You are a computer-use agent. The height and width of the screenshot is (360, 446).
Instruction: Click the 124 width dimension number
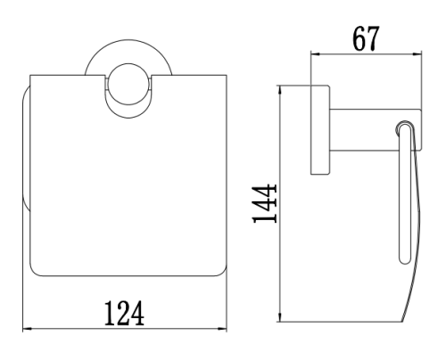tap(124, 313)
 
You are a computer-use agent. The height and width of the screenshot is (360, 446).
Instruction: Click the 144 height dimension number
tap(265, 203)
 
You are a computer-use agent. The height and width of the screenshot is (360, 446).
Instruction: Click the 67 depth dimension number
tap(366, 38)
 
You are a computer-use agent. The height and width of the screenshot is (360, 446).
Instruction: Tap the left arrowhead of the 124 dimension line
tap(27, 329)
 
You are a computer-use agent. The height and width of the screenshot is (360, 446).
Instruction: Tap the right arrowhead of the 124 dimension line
tap(222, 329)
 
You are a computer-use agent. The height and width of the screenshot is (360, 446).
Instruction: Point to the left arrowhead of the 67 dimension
tap(315, 54)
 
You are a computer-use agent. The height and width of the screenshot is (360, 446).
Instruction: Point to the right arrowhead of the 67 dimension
tap(417, 54)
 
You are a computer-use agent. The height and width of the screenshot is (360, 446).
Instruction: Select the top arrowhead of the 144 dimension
tap(280, 90)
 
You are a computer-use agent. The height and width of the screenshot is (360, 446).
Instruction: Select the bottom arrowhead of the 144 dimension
tap(280, 317)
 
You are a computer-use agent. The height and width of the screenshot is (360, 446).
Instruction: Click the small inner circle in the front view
tap(128, 84)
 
